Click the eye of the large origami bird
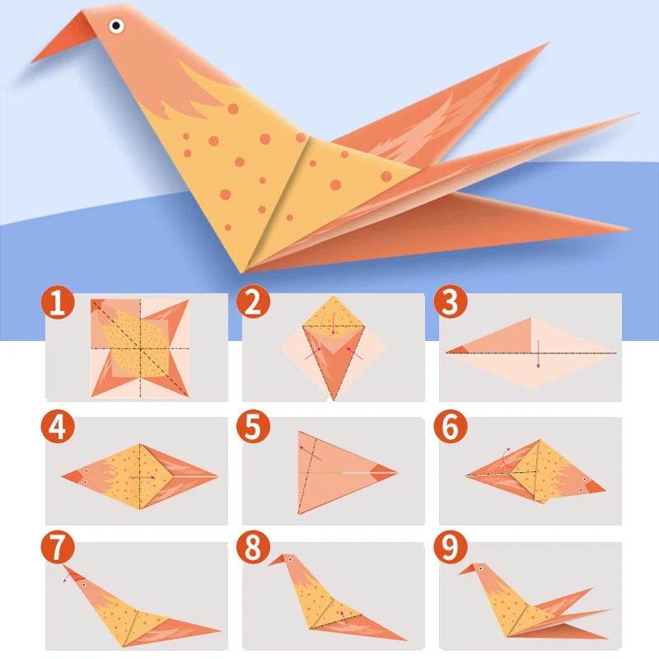(x=116, y=26)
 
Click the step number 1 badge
(x=56, y=302)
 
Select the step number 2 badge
(x=254, y=302)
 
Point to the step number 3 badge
(x=451, y=302)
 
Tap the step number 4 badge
(x=56, y=427)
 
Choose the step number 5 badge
(x=254, y=427)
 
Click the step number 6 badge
(x=451, y=427)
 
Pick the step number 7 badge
(x=56, y=548)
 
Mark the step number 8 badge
(x=254, y=548)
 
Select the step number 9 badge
(x=451, y=548)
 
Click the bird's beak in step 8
(x=277, y=562)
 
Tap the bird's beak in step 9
(x=467, y=568)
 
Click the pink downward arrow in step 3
(x=538, y=355)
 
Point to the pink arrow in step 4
(x=145, y=476)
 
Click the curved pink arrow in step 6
(x=507, y=451)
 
